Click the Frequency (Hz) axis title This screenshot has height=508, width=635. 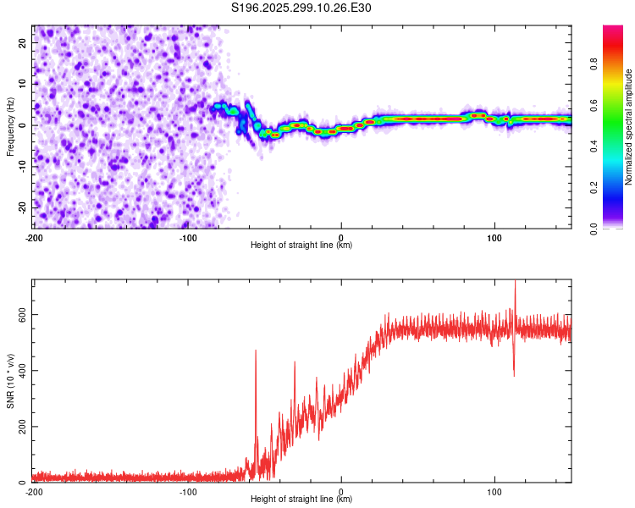coord(10,127)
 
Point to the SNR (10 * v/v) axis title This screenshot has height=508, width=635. coord(10,381)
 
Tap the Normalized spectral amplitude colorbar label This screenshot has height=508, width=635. coord(629,127)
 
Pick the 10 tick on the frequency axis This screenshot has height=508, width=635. coord(23,83)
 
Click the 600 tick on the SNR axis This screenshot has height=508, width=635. coord(19,313)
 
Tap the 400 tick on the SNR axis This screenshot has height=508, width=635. coord(19,370)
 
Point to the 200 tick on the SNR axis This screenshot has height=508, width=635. coord(19,426)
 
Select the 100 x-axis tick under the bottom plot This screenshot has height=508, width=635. coord(495,492)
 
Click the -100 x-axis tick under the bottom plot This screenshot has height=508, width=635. coord(188,492)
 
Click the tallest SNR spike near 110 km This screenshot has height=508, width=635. coord(515,283)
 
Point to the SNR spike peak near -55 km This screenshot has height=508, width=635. coord(256,351)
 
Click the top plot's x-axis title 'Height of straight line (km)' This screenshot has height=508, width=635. coord(301,246)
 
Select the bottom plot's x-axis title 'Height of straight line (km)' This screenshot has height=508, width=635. coord(301,499)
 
